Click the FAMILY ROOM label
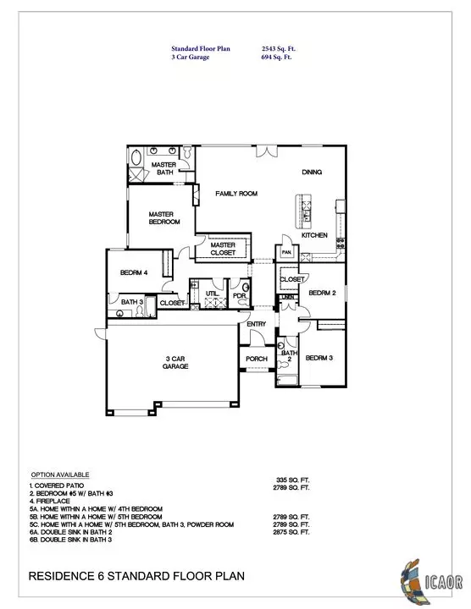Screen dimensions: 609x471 [x=236, y=194]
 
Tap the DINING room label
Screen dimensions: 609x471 [x=313, y=173]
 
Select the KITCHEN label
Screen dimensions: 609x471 [x=315, y=235]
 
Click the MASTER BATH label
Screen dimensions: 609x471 [x=163, y=168]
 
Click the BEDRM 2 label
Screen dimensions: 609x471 [x=323, y=293]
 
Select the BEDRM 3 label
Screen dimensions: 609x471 [x=320, y=358]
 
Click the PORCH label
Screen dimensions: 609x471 [x=257, y=359]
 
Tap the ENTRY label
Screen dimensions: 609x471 [x=257, y=324]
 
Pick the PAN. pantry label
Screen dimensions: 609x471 [x=288, y=252]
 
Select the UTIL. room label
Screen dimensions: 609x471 [x=212, y=293]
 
